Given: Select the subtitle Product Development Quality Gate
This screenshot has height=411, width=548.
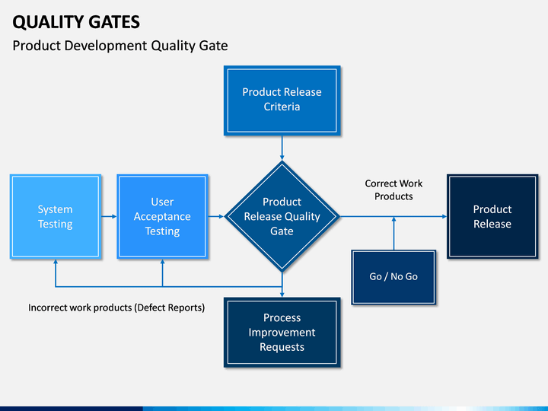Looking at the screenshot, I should click(x=120, y=46).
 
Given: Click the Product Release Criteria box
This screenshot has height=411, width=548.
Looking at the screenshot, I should click(x=282, y=100).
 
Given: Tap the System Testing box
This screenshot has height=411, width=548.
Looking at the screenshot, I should click(x=55, y=217).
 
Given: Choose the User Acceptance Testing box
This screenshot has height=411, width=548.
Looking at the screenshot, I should click(x=162, y=217).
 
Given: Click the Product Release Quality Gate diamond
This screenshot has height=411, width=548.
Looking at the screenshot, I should click(x=282, y=216).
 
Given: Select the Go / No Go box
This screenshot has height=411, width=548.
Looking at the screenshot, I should click(x=393, y=276).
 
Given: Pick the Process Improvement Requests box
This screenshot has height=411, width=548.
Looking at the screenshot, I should click(x=282, y=333).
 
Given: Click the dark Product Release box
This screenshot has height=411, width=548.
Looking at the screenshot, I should click(x=492, y=217).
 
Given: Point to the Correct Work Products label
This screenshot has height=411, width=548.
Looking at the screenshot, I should click(x=393, y=190).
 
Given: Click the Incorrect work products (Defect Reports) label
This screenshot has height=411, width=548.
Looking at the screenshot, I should click(x=116, y=308).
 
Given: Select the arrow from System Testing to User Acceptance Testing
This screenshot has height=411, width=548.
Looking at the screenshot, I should click(x=109, y=217).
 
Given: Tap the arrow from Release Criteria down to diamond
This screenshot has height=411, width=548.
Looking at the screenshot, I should click(x=282, y=148).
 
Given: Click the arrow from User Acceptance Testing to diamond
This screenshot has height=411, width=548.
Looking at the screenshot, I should click(x=216, y=217).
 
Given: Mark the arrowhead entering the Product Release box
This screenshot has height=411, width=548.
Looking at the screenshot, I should click(x=444, y=217).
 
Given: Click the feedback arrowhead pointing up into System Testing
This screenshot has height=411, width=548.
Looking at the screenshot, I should click(x=55, y=263).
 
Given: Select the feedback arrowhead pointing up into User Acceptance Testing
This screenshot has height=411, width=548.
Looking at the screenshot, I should click(x=162, y=263).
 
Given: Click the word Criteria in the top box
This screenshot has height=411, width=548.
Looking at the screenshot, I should click(x=282, y=107).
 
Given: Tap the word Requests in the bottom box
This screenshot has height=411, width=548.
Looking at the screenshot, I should click(x=282, y=347).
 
